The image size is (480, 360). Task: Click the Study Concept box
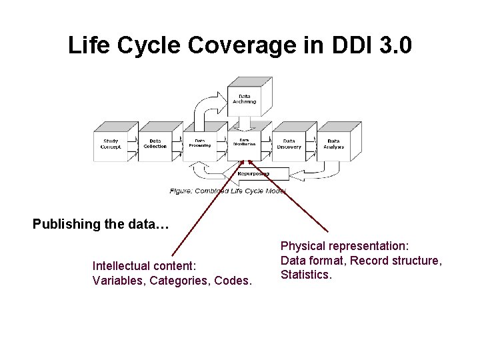coord(110,144)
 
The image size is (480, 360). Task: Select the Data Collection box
coord(155,144)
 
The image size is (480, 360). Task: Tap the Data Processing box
coord(199,144)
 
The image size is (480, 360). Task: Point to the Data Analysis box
coord(333,144)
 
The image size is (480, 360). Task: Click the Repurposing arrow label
coord(254,173)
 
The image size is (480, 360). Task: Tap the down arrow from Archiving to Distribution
coord(245,123)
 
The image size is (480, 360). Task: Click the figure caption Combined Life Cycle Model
coord(228,191)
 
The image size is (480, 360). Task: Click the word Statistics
coord(306,274)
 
